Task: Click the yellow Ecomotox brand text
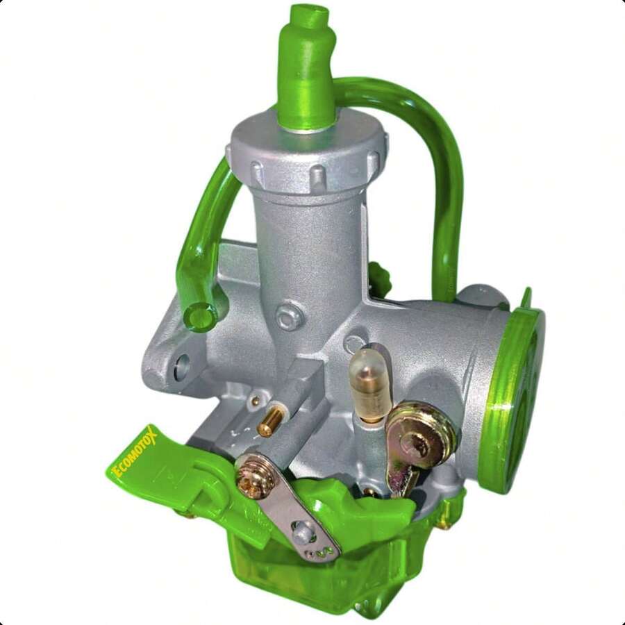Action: click(136, 453)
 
